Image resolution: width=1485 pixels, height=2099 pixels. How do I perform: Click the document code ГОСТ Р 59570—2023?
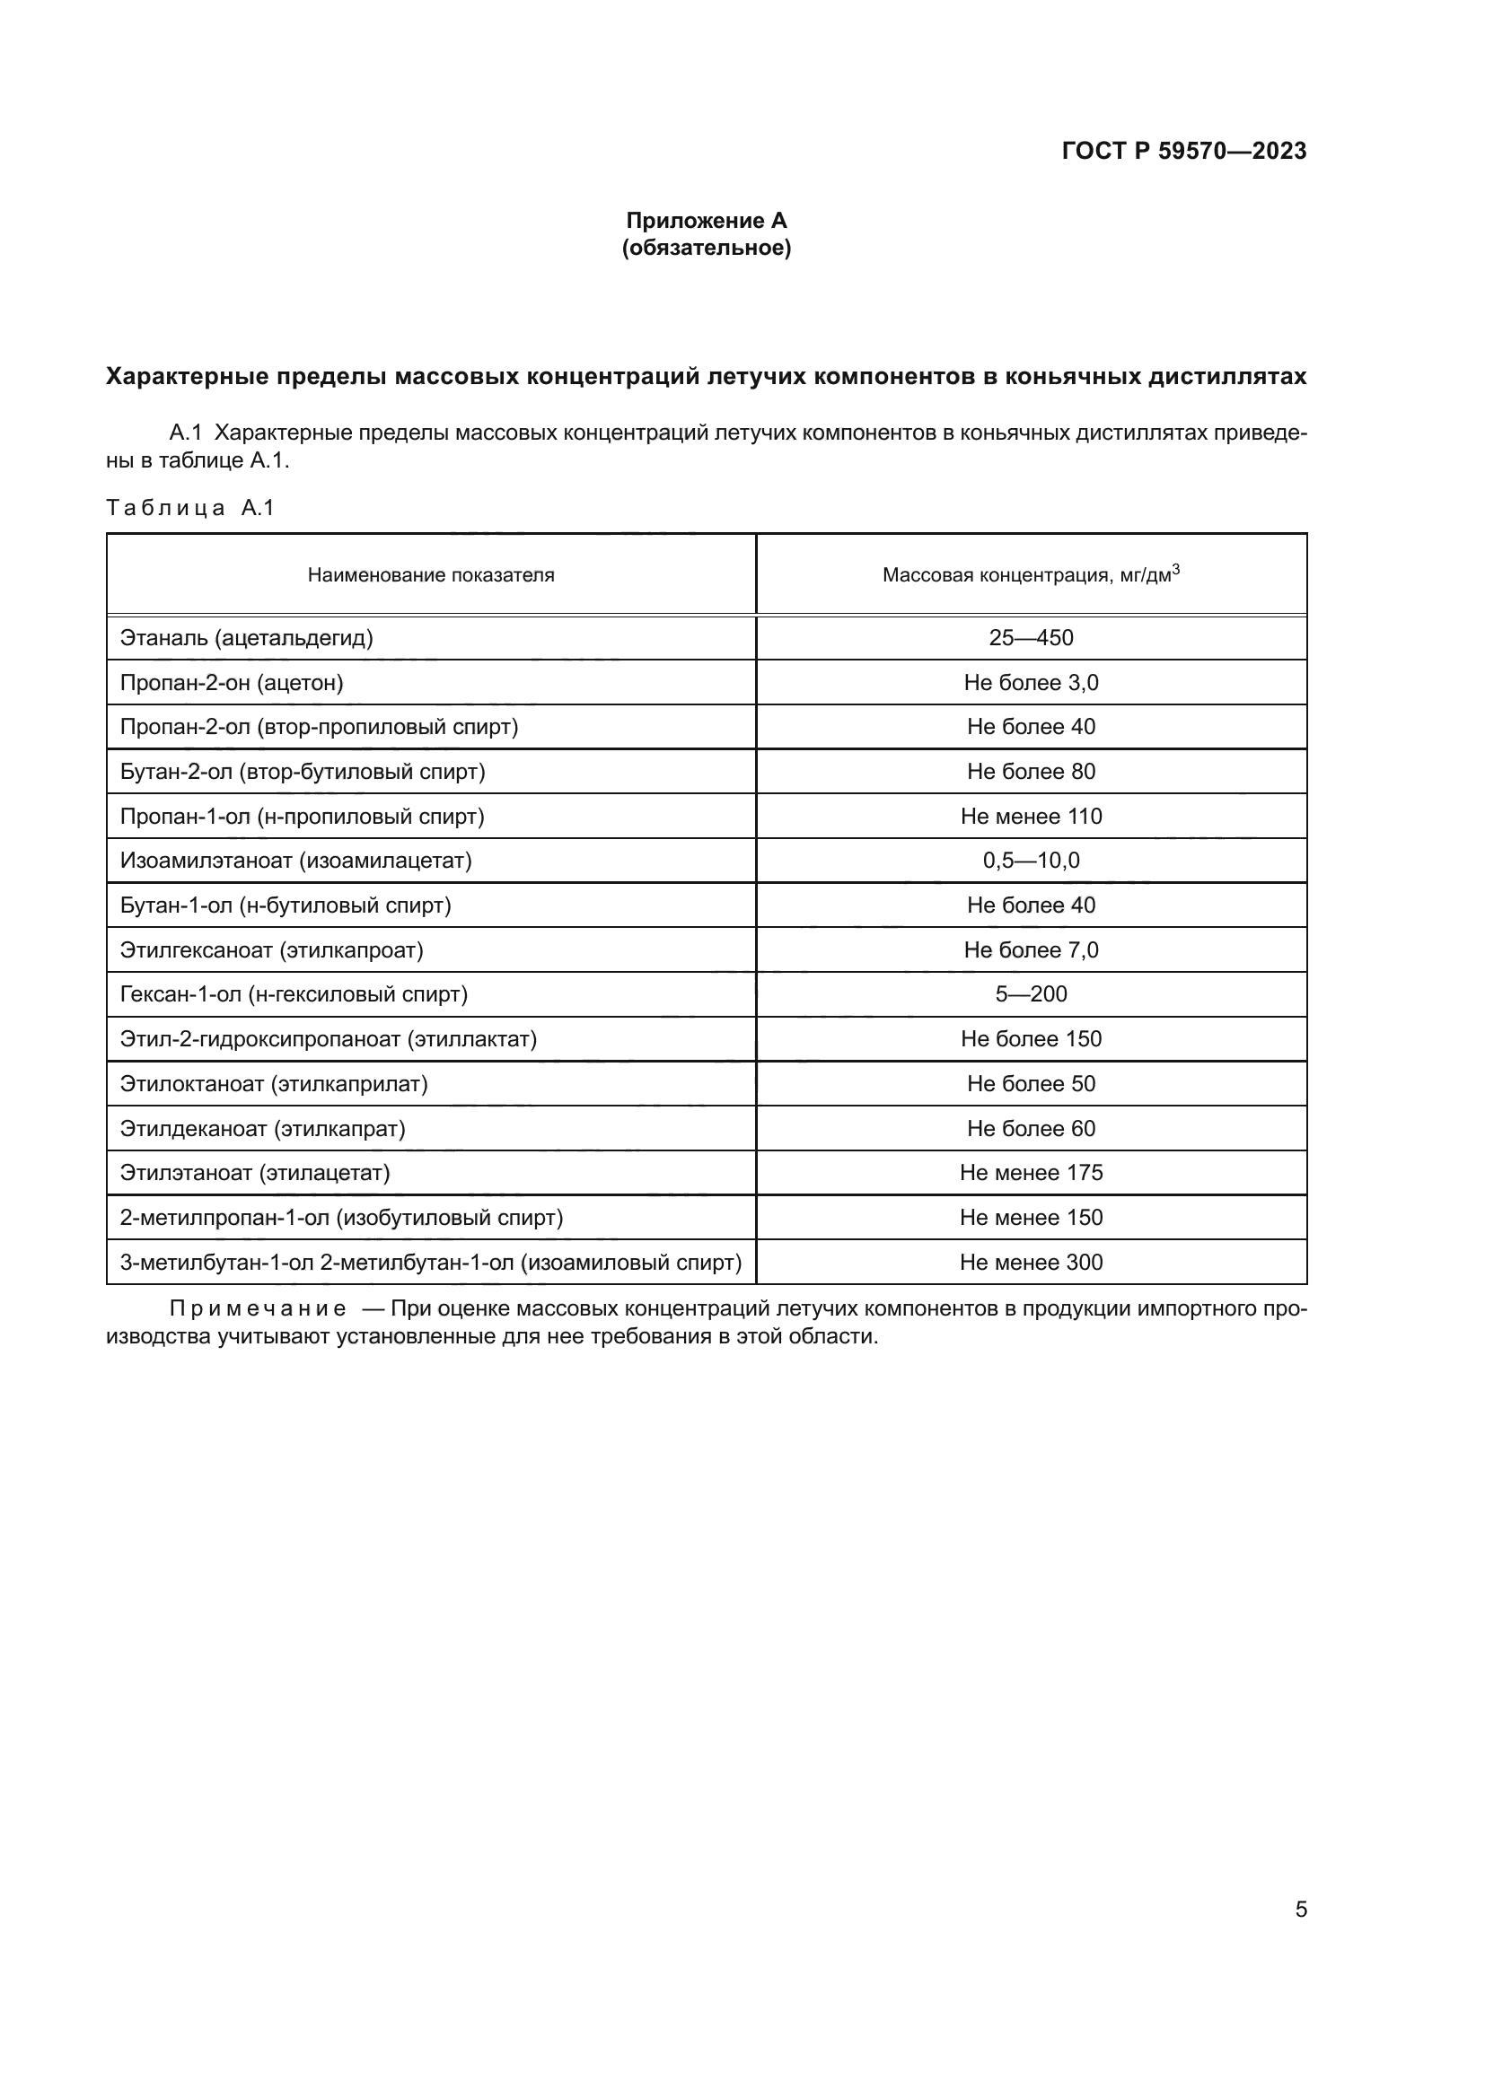[x=1183, y=151]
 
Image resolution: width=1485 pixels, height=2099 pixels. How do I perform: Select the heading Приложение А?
[x=706, y=221]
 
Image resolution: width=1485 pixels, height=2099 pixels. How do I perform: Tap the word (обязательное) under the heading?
[x=706, y=248]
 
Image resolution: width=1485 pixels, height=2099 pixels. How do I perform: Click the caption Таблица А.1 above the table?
[x=190, y=508]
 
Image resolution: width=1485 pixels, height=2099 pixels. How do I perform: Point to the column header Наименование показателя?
[x=431, y=575]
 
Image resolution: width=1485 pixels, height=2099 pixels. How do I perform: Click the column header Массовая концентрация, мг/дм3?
[x=1031, y=574]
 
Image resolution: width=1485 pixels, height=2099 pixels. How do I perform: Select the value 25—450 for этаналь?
[x=1031, y=638]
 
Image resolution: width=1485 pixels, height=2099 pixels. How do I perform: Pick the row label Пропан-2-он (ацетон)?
[x=232, y=683]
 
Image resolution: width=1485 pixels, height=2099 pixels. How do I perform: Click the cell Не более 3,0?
[x=1031, y=683]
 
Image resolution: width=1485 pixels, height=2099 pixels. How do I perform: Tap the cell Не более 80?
[x=1031, y=772]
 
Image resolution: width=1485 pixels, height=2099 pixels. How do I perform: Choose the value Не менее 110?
[x=1031, y=817]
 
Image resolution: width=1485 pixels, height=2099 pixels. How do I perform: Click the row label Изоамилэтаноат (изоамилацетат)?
[x=295, y=861]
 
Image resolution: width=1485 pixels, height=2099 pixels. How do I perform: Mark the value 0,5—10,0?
[x=1031, y=861]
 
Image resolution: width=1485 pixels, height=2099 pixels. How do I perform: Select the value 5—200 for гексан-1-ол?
[x=1031, y=993]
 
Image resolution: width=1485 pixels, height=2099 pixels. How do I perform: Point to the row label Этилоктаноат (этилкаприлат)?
[x=274, y=1083]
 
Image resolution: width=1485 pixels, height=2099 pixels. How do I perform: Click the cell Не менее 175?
[x=1031, y=1173]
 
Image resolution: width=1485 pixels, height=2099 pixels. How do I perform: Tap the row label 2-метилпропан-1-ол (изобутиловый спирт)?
[x=341, y=1218]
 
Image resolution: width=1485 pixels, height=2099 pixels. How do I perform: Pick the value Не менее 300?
[x=1031, y=1263]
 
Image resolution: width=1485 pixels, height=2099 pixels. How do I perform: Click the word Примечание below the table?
[x=258, y=1309]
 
